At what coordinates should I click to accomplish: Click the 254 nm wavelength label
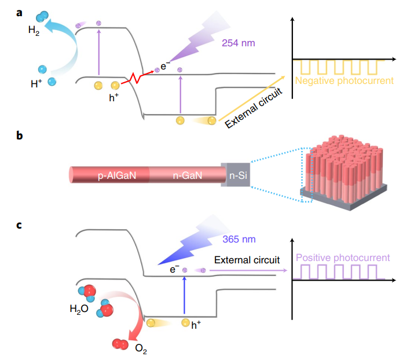coord(239,43)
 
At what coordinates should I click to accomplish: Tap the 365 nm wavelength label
coord(239,238)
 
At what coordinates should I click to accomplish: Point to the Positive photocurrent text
coord(343,258)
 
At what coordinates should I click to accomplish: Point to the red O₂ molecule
coord(120,346)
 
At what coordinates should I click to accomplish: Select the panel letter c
coord(20,224)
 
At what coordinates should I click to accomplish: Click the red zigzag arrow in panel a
coord(141,76)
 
